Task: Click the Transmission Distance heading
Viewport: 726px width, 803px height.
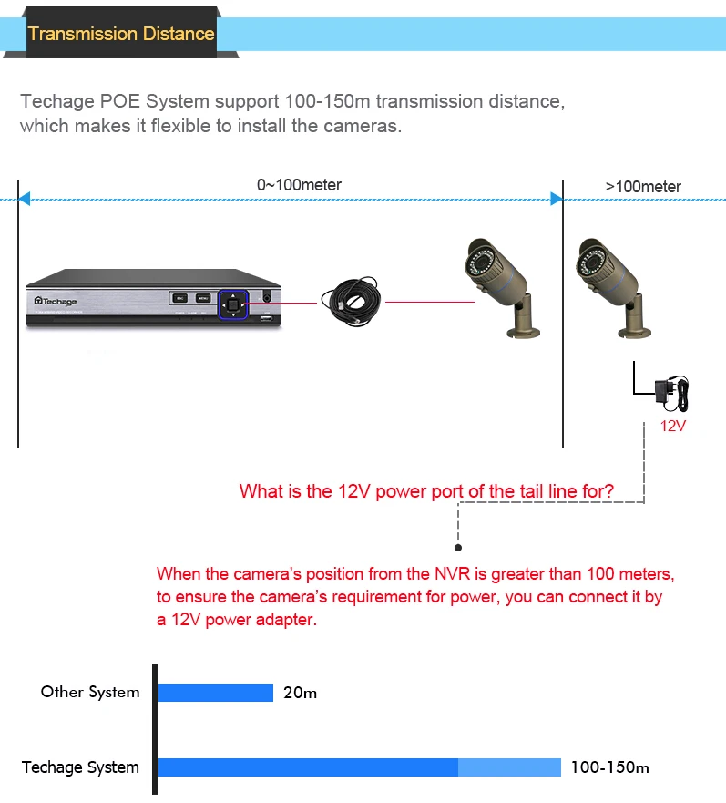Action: (x=121, y=35)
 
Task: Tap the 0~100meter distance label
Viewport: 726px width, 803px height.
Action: (x=299, y=185)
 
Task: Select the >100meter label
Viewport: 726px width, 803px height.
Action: (x=643, y=187)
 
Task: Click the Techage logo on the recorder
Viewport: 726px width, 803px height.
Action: (x=56, y=301)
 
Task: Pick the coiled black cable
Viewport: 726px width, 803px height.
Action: (x=351, y=299)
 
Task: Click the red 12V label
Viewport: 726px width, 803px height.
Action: (x=672, y=426)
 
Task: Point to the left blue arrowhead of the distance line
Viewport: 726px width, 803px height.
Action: (x=25, y=199)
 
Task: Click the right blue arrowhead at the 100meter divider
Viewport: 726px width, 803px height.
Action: (x=556, y=199)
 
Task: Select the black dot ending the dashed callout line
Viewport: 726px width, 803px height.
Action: (x=458, y=548)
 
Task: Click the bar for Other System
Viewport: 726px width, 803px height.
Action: (x=216, y=693)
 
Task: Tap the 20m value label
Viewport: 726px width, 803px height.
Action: (x=300, y=693)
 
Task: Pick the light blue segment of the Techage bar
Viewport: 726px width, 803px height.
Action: (x=509, y=767)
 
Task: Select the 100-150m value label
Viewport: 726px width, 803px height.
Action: (x=609, y=767)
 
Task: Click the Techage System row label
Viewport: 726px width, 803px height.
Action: (x=80, y=767)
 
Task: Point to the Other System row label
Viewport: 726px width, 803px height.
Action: (x=90, y=692)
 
